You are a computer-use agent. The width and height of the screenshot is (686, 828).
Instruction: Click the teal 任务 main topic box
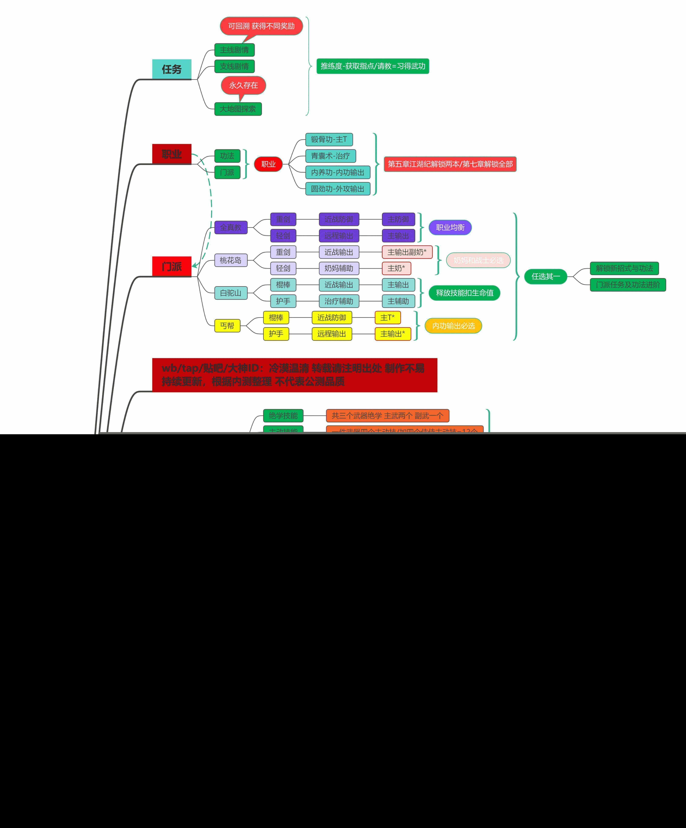(x=172, y=69)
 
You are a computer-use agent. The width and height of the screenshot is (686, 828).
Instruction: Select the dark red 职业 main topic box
(x=172, y=154)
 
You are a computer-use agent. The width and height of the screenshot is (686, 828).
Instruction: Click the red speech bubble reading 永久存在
(x=243, y=85)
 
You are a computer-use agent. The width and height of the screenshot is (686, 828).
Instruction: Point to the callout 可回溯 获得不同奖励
(x=261, y=26)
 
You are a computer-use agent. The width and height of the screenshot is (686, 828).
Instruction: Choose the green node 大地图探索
(x=238, y=109)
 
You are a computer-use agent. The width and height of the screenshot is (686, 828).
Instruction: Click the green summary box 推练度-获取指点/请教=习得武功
(x=372, y=66)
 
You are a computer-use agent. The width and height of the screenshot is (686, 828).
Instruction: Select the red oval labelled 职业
(x=268, y=164)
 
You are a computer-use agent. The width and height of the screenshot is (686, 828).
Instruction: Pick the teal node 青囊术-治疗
(x=330, y=156)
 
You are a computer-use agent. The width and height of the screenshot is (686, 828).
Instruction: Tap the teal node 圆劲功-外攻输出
(x=337, y=189)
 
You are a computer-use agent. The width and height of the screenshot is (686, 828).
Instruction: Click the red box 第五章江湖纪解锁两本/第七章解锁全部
(x=450, y=164)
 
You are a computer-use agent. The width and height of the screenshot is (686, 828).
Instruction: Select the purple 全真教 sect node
(x=231, y=227)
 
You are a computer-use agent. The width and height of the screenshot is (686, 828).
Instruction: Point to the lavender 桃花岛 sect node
(x=231, y=260)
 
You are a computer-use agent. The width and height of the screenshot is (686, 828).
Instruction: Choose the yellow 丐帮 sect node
(x=227, y=326)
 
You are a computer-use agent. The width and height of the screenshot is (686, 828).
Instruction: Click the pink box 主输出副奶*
(x=407, y=252)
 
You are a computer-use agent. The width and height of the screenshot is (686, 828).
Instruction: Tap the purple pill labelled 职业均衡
(x=450, y=227)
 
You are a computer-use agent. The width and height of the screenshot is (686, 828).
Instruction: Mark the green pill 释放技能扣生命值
(x=464, y=293)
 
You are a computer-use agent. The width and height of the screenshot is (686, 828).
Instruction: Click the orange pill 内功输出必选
(x=453, y=326)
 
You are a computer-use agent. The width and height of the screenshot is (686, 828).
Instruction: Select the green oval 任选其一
(x=545, y=276)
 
